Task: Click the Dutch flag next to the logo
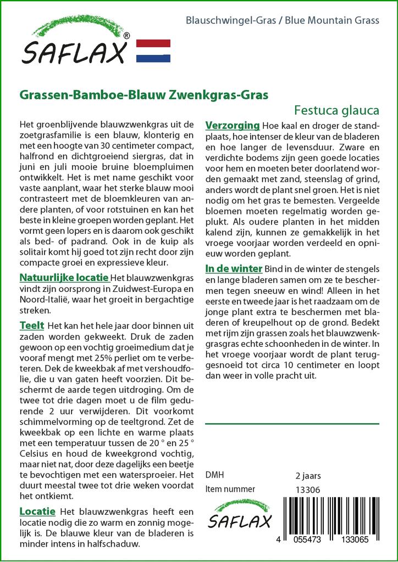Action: pyautogui.click(x=153, y=51)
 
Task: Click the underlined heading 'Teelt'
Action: pyautogui.click(x=32, y=326)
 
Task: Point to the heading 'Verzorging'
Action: pyautogui.click(x=232, y=125)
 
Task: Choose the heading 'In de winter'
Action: pyautogui.click(x=234, y=269)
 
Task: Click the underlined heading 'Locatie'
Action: pyautogui.click(x=37, y=511)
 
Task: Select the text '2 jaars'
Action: pyautogui.click(x=308, y=475)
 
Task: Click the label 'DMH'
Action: pyautogui.click(x=214, y=475)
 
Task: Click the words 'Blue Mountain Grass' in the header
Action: pyautogui.click(x=340, y=20)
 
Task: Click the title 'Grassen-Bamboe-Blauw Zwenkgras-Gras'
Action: pyautogui.click(x=144, y=94)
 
